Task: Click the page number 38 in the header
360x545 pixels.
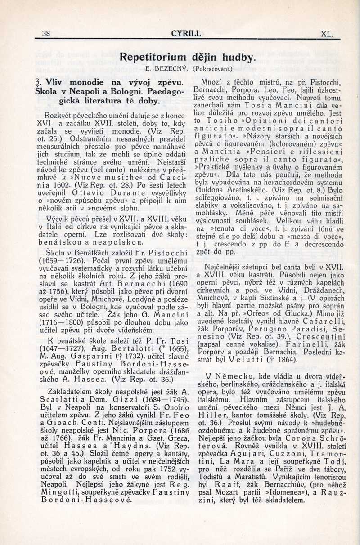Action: click(45, 33)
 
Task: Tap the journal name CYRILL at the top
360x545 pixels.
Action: click(186, 33)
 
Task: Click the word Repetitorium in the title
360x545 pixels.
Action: click(153, 57)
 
